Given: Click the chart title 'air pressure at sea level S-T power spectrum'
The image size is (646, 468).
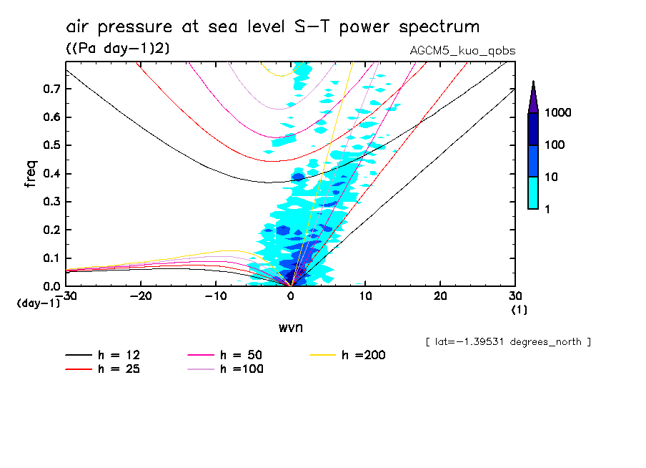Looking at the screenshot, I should pos(272,27).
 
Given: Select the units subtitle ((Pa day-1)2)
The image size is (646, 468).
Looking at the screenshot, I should pos(112,48).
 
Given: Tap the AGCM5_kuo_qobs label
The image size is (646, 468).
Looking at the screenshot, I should pos(462,51).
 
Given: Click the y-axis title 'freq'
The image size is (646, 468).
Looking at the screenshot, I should pos(31,174).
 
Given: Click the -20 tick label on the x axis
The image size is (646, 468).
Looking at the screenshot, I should pos(141,296).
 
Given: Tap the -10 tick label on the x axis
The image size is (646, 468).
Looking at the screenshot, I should pos(216,296).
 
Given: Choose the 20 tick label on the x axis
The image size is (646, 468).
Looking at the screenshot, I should pos(440,296).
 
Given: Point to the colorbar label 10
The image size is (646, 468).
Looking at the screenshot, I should pos(554,177).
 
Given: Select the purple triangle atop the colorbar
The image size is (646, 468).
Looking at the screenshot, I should pos(533,97).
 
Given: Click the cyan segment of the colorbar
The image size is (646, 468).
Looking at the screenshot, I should pos(533,192).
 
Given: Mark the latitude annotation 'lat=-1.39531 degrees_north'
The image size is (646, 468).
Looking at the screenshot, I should pos(507,341).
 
